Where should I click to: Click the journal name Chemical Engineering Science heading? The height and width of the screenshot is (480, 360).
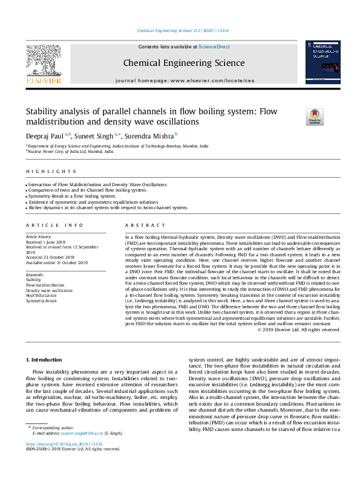(184, 63)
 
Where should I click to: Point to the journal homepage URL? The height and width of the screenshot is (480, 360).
(184, 80)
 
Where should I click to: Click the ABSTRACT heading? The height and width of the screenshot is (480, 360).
(137, 224)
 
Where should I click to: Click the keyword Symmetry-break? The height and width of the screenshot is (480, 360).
(41, 300)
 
